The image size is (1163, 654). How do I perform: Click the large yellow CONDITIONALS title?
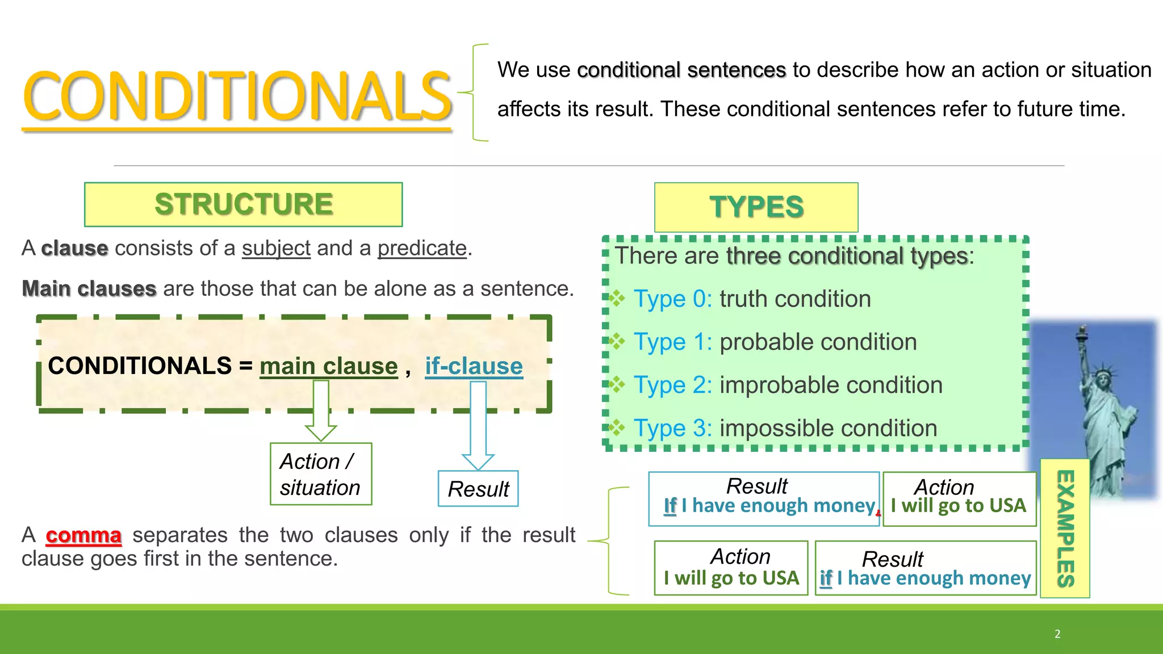pos(237,97)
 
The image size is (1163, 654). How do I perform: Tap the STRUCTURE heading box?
pos(244,204)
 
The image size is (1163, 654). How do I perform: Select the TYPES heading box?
pos(756,207)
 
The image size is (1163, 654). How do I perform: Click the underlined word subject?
pos(276,249)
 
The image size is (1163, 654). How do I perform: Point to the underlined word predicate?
pos(422,249)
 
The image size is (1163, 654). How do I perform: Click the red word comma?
pos(83,535)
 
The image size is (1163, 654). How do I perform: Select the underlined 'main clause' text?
pos(328,366)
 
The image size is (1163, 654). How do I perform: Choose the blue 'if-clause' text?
pos(474,366)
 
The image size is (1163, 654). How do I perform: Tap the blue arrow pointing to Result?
pos(478,426)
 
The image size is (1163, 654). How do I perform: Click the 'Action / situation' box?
pos(321,474)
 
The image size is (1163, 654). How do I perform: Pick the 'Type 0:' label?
pos(673,299)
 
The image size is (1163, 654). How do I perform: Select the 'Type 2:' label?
pos(673,385)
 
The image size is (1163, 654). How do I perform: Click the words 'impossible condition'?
pos(828,429)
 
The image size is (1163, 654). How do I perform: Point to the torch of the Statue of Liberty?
pos(1083,331)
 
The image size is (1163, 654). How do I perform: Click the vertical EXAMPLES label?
pos(1065,529)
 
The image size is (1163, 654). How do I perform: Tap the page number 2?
pos(1057,634)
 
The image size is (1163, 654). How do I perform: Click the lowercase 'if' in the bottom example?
pos(826,578)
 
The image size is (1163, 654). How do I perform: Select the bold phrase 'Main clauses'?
pos(89,289)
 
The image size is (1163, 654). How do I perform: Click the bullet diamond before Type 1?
pos(617,342)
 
